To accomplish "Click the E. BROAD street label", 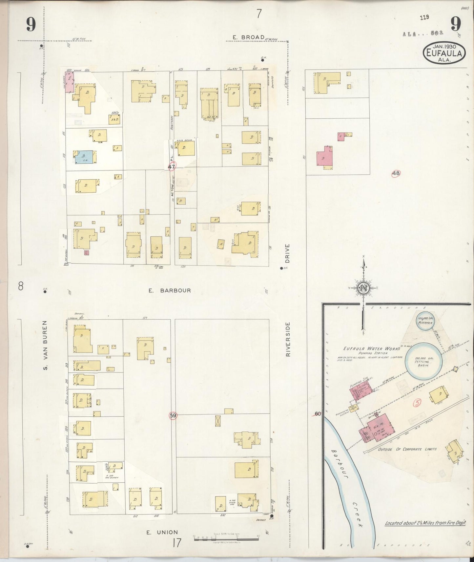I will tap(248, 37).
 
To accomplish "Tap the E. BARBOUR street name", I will tap(169, 291).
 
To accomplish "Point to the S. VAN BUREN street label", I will tap(46, 345).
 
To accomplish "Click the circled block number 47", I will tap(171, 167).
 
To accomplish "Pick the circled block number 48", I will tap(396, 173).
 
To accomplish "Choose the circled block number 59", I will tap(173, 416).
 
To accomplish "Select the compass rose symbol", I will tap(363, 288).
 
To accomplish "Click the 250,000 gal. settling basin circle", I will tap(423, 361).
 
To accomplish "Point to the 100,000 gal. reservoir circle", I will tap(425, 321).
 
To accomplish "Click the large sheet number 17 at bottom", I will tap(176, 543).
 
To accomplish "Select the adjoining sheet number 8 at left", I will tap(21, 287).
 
